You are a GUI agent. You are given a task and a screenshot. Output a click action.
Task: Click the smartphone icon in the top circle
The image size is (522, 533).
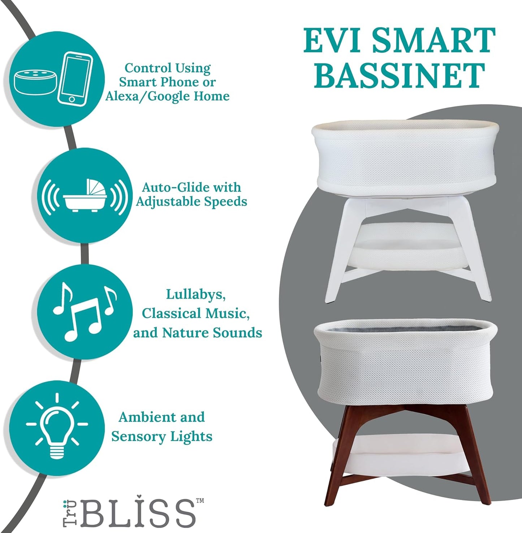(75, 79)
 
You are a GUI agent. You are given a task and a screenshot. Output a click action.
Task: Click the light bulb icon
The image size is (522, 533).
(57, 424)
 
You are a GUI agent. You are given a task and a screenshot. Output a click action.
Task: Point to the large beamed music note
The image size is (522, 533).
(83, 320)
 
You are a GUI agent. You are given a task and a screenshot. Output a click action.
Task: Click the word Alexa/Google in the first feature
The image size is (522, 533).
(148, 96)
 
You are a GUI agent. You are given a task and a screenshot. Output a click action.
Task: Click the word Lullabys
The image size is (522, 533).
(196, 294)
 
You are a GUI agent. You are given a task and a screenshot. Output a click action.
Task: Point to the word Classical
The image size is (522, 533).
(172, 313)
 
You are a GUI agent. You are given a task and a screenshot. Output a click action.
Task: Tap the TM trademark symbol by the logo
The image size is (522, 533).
(200, 500)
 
